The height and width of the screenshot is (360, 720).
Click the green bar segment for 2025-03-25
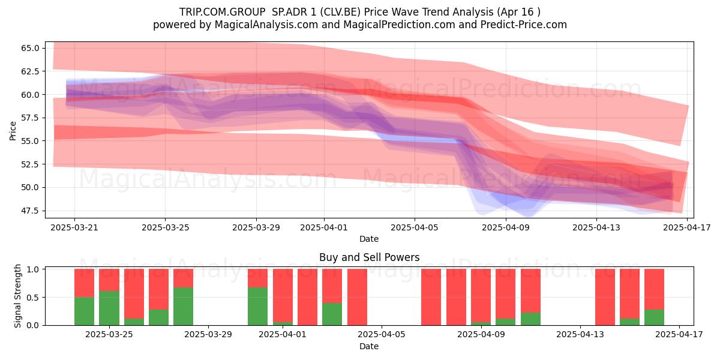coord(109,308)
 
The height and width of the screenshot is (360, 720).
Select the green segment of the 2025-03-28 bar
coord(183,307)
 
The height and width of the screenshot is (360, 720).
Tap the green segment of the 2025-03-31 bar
coord(257,307)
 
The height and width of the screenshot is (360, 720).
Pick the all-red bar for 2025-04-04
coord(357,297)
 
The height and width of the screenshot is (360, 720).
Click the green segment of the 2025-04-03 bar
coord(332,314)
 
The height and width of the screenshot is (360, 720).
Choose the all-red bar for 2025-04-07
coord(431,297)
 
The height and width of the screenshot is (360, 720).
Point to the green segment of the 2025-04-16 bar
coord(654,317)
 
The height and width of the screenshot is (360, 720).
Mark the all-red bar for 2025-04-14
coord(605,297)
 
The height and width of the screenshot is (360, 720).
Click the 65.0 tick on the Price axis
coord(30,48)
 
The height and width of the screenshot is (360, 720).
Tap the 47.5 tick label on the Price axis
coord(30,211)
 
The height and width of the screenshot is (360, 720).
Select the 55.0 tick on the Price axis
coord(30,141)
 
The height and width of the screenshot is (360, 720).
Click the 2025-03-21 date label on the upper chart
coord(74,227)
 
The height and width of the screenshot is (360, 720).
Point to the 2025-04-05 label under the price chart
coord(415,227)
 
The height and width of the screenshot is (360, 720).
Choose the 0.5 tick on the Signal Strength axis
coord(34,298)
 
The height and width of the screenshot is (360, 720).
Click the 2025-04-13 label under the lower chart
coord(580,335)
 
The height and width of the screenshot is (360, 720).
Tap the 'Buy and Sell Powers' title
coord(370,257)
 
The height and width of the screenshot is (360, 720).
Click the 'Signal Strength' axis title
coord(17,296)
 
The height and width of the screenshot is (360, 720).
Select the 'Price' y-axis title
coord(13,131)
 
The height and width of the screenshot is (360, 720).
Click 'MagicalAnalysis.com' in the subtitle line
coord(266,25)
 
